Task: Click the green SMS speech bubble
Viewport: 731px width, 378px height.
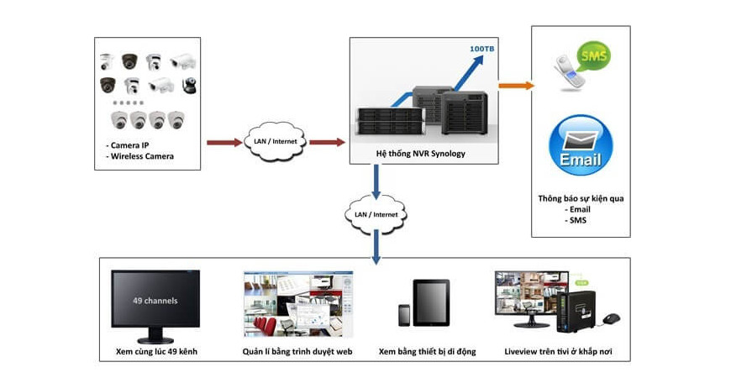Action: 594,55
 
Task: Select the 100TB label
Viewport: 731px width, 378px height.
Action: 481,50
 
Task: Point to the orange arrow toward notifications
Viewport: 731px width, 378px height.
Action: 515,85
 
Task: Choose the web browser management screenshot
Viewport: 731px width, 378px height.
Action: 298,303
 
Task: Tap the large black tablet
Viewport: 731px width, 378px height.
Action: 431,302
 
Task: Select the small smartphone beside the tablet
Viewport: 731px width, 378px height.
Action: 404,315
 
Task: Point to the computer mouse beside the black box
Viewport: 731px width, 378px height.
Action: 612,319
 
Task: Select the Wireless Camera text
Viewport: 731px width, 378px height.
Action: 143,156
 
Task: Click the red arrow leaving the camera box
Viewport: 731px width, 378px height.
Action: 224,142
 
